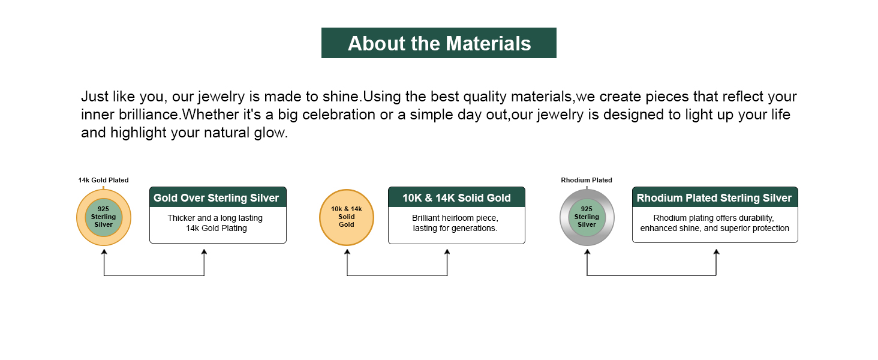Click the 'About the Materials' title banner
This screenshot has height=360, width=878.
coord(438,43)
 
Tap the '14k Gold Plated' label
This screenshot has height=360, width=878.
coord(104,180)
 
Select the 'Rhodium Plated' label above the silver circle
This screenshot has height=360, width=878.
coord(587,180)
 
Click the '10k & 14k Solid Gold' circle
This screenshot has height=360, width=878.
coord(347,217)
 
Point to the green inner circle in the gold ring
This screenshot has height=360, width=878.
coord(104,217)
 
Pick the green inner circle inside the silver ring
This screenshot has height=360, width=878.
coord(587,217)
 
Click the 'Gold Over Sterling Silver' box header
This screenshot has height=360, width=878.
coord(218,197)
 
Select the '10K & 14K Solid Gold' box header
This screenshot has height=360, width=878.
coord(456,197)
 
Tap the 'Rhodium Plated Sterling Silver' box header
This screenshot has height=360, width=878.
coord(715,197)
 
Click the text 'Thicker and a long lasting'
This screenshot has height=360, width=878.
coord(215,218)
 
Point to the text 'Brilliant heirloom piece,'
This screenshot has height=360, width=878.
coord(455,218)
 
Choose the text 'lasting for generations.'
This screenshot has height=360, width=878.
coord(455,228)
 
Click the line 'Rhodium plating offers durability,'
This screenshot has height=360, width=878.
coord(714,218)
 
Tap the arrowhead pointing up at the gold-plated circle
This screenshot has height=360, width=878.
coord(104,252)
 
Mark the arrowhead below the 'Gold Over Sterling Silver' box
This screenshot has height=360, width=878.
coord(205,252)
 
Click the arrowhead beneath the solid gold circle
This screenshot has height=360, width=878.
coord(347,252)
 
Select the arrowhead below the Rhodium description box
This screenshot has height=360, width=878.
coord(716,252)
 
